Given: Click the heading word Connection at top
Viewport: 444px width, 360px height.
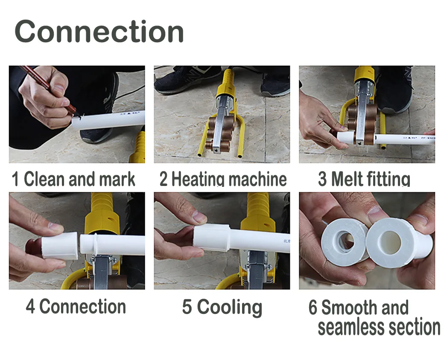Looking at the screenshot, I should coord(99,32).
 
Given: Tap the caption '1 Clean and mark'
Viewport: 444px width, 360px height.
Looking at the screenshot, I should coord(73,179).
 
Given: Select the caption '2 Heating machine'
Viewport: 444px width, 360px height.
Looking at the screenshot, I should coord(223,179).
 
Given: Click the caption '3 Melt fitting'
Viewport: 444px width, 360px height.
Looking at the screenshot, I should coord(364,179).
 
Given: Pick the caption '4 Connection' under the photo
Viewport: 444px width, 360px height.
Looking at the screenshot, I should coord(76,307).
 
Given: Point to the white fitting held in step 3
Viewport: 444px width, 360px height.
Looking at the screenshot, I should coord(345,138).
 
